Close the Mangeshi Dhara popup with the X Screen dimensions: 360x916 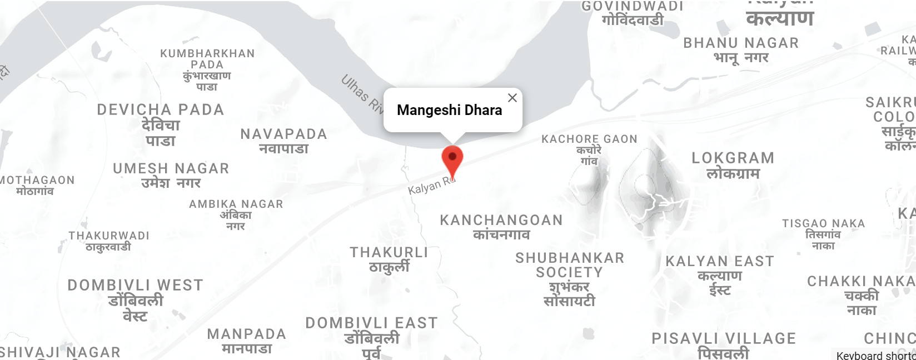pos(512,98)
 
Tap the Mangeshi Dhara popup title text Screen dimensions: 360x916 pos(449,110)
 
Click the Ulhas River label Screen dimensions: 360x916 pos(362,94)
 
